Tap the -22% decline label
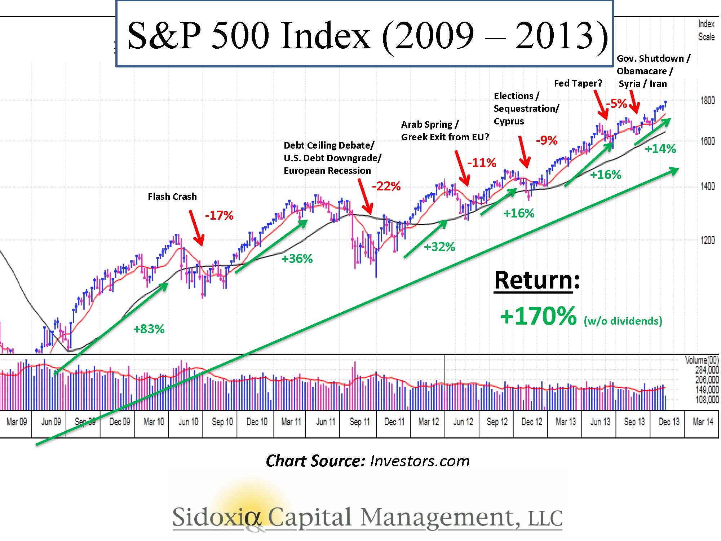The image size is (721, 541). tap(386, 186)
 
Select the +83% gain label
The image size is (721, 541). tap(149, 329)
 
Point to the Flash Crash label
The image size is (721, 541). tap(172, 197)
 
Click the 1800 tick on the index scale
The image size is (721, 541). tap(707, 101)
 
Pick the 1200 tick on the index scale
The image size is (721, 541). tap(707, 240)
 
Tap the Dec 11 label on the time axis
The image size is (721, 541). tap(394, 422)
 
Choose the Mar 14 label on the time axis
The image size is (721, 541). tap(703, 422)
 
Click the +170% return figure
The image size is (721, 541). tap(538, 316)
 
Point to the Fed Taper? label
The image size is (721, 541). tap(578, 83)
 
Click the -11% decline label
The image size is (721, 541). tap(482, 163)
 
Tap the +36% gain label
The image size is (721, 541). tap(297, 259)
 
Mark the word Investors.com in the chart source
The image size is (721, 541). tap(420, 461)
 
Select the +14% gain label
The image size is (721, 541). tap(660, 149)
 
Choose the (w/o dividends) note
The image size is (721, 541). tap(623, 321)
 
